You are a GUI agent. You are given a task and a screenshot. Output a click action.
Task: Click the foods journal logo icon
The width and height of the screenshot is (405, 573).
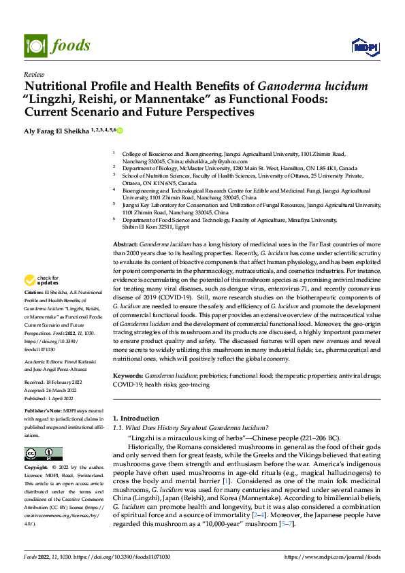(34, 45)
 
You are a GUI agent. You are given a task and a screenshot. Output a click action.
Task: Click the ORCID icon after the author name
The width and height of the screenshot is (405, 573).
(120, 129)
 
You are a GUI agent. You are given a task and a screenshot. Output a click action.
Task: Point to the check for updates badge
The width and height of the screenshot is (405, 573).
(42, 280)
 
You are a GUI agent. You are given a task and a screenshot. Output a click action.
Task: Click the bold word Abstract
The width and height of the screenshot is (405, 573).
(125, 244)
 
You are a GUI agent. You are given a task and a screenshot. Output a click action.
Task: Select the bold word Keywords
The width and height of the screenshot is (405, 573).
(127, 376)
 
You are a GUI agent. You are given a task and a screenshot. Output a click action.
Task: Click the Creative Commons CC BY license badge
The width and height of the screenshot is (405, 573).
(44, 454)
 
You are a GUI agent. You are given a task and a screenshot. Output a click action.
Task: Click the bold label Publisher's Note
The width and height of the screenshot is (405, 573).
(44, 412)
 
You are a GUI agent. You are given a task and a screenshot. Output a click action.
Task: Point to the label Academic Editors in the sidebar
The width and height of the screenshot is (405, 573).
(44, 361)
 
